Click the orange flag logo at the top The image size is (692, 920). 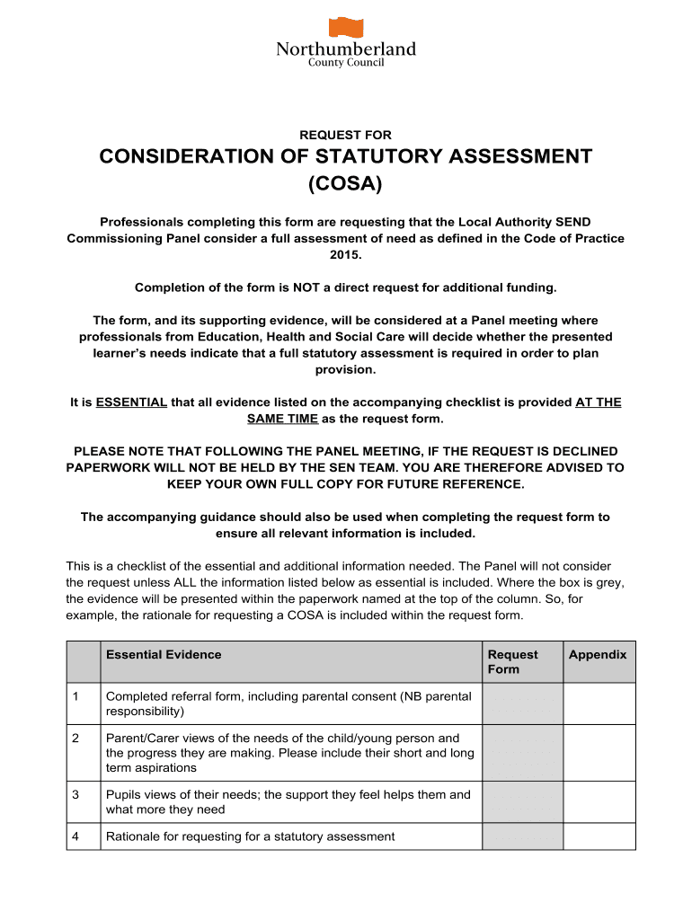(346, 28)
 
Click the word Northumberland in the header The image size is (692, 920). (346, 49)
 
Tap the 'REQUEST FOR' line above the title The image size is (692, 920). (345, 135)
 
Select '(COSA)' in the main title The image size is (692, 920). (345, 184)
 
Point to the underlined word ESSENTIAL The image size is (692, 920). (131, 402)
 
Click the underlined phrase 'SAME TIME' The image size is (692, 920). (282, 420)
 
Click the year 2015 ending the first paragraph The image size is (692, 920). (345, 254)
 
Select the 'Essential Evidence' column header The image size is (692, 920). (164, 654)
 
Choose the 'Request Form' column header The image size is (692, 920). (512, 661)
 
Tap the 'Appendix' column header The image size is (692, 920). (598, 654)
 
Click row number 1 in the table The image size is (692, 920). (76, 695)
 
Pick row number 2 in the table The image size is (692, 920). (76, 738)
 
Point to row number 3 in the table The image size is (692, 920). (76, 794)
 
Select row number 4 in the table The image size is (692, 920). (76, 836)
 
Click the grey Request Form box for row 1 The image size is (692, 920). (522, 703)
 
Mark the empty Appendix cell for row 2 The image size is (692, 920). (599, 752)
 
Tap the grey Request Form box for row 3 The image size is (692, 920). (522, 801)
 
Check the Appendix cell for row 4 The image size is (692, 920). (599, 836)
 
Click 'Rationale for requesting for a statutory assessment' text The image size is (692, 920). (250, 836)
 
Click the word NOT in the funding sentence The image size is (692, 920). (306, 287)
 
